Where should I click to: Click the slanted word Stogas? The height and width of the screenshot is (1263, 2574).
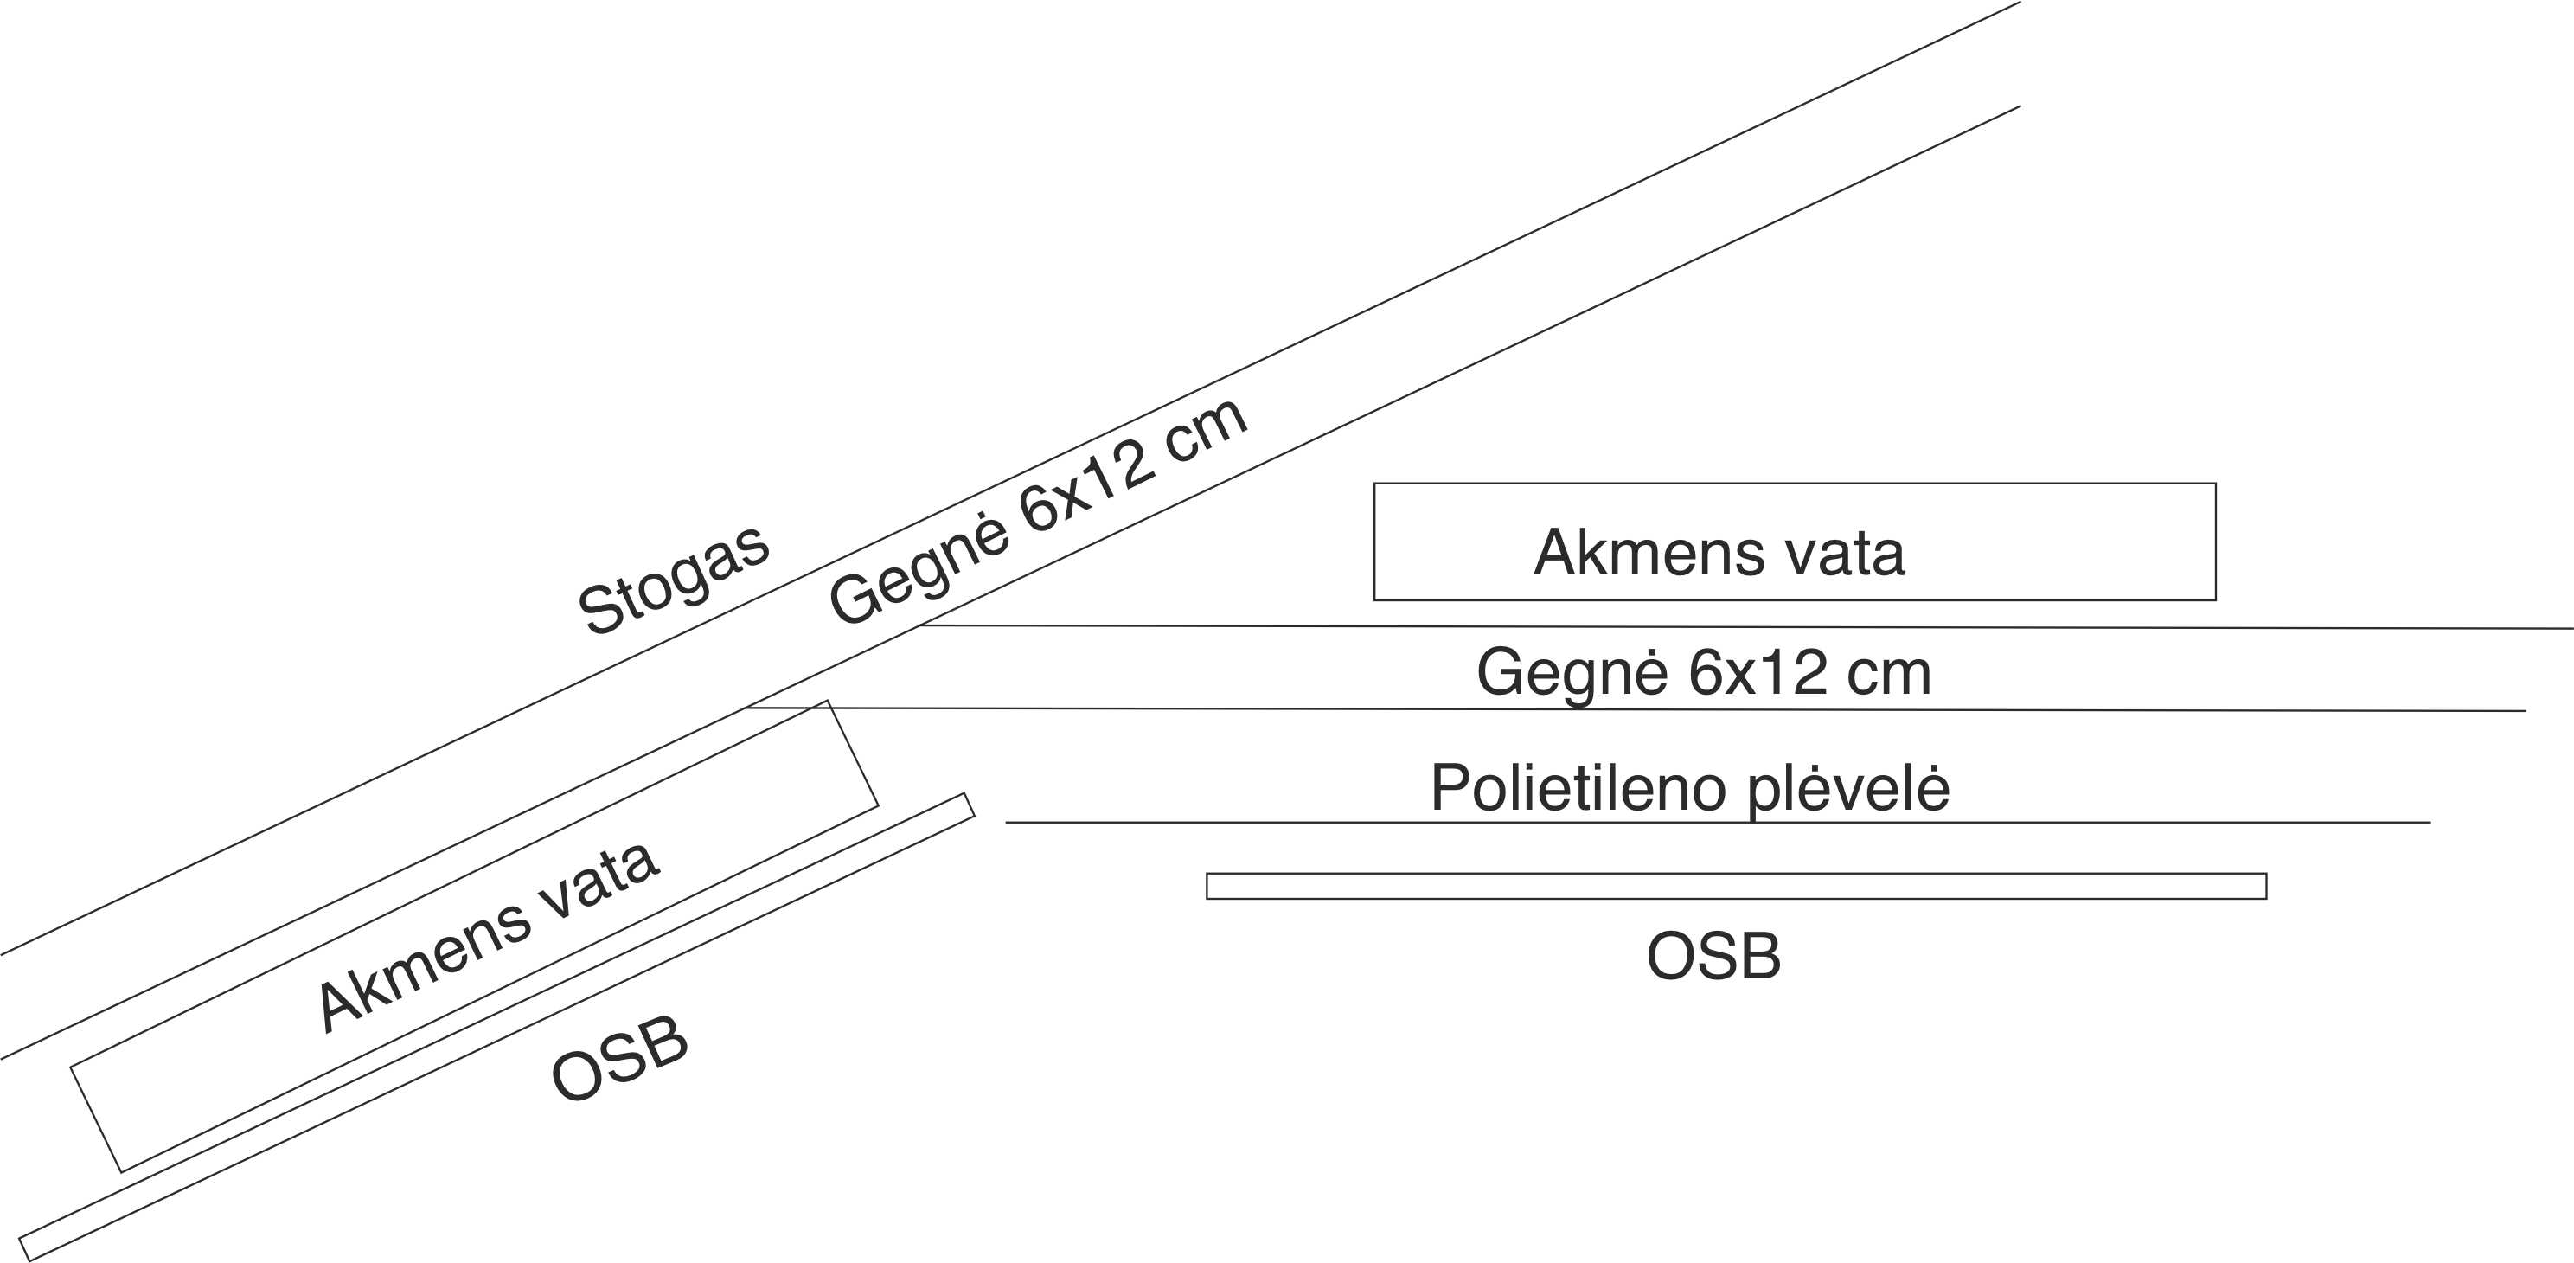674,580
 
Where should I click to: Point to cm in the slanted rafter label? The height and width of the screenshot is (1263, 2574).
1205,433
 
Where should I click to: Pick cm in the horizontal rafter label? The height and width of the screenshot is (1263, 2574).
1888,675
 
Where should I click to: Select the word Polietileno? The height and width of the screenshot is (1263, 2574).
1578,788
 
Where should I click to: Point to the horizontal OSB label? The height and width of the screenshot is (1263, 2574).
1713,956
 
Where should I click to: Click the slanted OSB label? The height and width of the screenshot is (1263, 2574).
619,1059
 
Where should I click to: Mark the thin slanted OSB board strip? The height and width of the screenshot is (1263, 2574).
496,1027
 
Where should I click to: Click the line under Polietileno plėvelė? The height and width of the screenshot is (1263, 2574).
1718,823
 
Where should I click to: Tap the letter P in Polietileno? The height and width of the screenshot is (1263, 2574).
1448,788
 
